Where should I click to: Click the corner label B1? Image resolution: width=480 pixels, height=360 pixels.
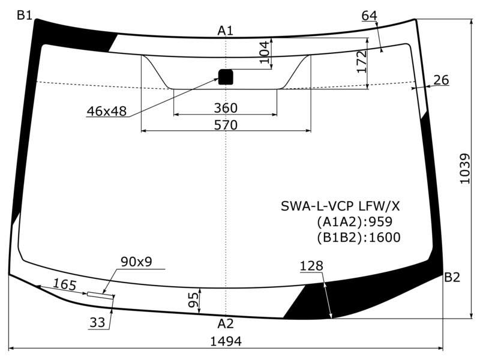(25, 14)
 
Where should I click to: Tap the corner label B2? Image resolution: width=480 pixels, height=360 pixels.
(452, 277)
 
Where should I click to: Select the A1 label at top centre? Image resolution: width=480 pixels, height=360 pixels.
(226, 31)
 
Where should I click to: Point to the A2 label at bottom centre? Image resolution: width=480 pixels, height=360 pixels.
(226, 323)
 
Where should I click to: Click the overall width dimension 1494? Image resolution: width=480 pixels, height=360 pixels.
(226, 341)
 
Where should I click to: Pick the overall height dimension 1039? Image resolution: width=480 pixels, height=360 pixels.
(464, 169)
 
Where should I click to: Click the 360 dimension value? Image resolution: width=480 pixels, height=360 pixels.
(226, 108)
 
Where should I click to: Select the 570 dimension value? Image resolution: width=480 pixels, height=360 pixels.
(226, 125)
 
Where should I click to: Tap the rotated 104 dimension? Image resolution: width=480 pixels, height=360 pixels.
(264, 52)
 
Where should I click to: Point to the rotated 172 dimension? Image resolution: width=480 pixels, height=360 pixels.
(362, 62)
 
